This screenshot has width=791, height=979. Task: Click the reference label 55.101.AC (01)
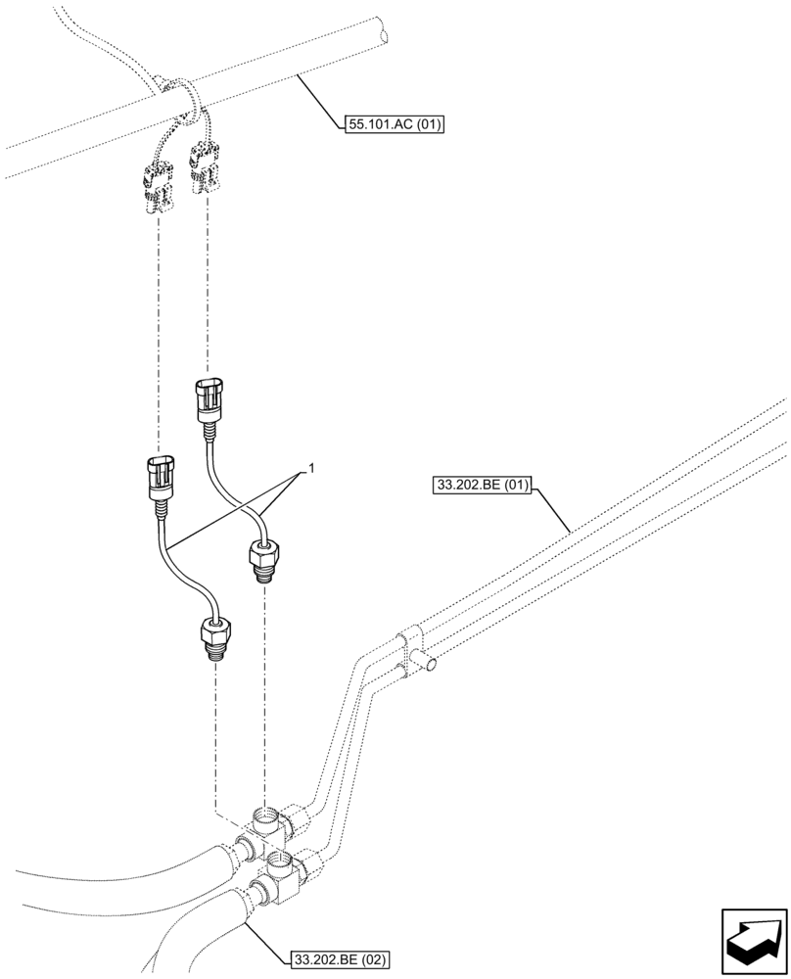pyautogui.click(x=394, y=124)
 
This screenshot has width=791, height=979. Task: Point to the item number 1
pyautogui.click(x=311, y=470)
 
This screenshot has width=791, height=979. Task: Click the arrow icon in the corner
pyautogui.click(x=753, y=937)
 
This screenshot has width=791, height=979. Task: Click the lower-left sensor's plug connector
pyautogui.click(x=160, y=478)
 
